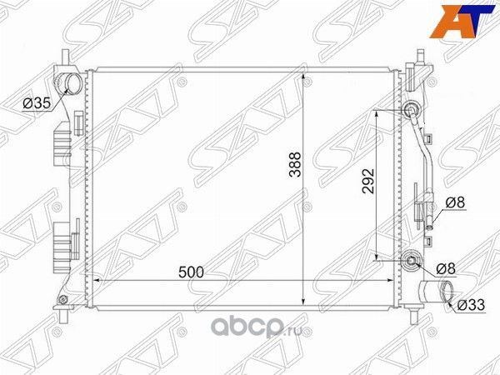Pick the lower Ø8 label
(x=447, y=268)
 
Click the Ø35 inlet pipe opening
(x=71, y=83)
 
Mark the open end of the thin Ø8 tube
(x=429, y=222)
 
